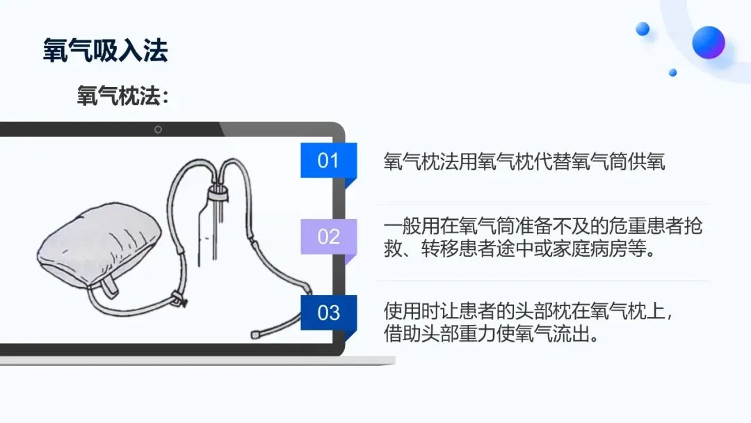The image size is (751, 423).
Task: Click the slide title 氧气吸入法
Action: point(105,51)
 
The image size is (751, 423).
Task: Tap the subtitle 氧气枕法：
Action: point(122,96)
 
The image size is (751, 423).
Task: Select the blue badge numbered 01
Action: point(328,161)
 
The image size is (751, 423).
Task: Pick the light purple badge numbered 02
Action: point(328,237)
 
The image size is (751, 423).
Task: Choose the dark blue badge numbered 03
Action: point(328,312)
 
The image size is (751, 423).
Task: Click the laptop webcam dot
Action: point(158,129)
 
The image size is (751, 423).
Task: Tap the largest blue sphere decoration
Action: point(708,42)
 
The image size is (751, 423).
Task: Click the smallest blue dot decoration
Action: point(672,72)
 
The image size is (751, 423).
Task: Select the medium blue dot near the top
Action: point(643,29)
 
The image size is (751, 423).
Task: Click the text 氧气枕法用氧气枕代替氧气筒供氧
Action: point(524,162)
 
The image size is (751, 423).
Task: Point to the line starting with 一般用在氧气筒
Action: point(543,227)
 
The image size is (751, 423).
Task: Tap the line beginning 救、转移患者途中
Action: point(519,249)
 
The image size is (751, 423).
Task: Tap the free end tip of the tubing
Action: point(255,335)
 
